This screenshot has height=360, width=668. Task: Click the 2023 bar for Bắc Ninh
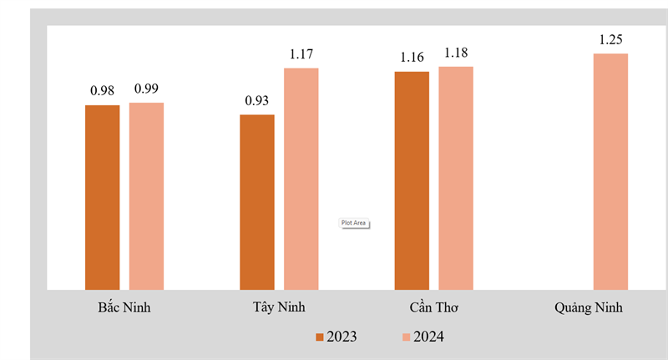(102, 197)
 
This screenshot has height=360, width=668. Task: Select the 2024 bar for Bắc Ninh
(146, 196)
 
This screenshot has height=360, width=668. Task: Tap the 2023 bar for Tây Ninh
(256, 202)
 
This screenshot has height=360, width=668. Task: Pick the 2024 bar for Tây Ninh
(301, 179)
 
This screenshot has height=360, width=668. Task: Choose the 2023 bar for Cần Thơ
(412, 180)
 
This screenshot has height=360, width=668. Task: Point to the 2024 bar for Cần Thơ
(456, 178)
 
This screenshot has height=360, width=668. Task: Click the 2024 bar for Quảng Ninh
(610, 172)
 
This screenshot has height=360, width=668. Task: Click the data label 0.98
(103, 90)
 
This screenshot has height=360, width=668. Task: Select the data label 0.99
(146, 89)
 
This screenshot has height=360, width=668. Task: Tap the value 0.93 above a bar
(257, 100)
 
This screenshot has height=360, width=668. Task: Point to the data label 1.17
(301, 54)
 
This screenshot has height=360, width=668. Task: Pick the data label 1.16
(412, 57)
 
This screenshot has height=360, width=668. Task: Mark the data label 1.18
(456, 53)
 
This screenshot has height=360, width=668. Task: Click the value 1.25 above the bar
(611, 39)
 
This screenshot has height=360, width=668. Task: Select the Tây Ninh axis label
(278, 307)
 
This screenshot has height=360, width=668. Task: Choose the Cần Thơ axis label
(434, 307)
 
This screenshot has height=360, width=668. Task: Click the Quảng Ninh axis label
(588, 307)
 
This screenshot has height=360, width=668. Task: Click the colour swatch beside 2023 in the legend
(319, 337)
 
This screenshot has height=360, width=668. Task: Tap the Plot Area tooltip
(353, 223)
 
